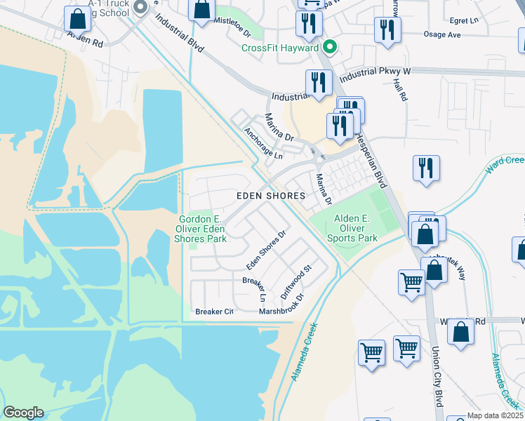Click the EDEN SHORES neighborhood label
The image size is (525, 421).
coord(271,196)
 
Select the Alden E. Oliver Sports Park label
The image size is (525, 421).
coord(352,228)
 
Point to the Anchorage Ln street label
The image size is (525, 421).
coord(262,142)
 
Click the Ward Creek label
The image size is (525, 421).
coord(505,166)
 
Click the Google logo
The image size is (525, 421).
coord(23,413)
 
